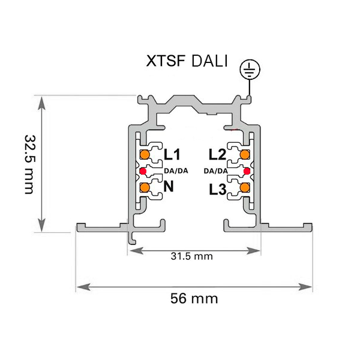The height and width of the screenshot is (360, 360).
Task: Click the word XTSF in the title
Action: (x=166, y=61)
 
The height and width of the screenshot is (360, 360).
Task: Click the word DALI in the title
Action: (x=209, y=61)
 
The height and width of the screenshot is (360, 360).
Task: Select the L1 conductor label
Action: (x=172, y=154)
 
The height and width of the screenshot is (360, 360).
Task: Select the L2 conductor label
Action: (x=217, y=154)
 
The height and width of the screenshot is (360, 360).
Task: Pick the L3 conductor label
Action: (x=218, y=190)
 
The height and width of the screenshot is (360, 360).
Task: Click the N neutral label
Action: (x=169, y=186)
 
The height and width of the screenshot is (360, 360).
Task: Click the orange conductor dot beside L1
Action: (x=145, y=155)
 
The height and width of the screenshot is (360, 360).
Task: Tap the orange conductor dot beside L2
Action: (x=245, y=154)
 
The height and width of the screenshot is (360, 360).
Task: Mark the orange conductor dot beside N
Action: (x=145, y=188)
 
